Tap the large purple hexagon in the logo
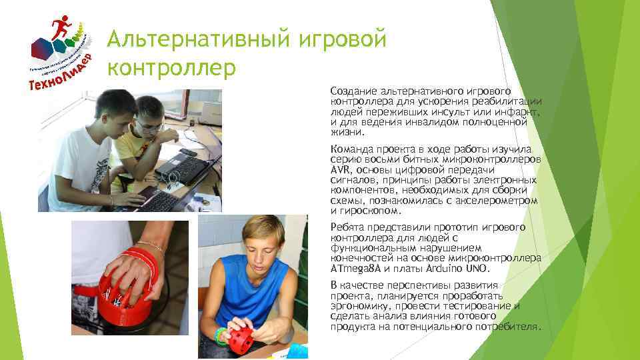pyautogui.click(x=42, y=47)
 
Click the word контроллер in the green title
pyautogui.click(x=172, y=67)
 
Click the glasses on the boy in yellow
pyautogui.click(x=151, y=124)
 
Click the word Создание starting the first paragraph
pyautogui.click(x=353, y=90)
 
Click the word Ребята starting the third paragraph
pyautogui.click(x=347, y=227)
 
